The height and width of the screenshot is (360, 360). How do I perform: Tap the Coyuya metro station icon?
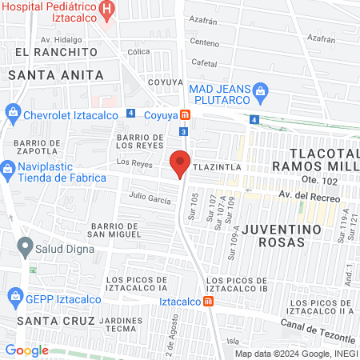pyautogui.click(x=185, y=115)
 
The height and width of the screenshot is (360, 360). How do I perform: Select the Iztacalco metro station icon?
pyautogui.click(x=208, y=302)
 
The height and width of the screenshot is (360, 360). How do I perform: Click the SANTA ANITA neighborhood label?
pyautogui.click(x=55, y=74)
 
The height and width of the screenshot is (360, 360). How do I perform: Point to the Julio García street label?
pyautogui.click(x=150, y=198)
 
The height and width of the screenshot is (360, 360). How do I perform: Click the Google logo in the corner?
pyautogui.click(x=26, y=350)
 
